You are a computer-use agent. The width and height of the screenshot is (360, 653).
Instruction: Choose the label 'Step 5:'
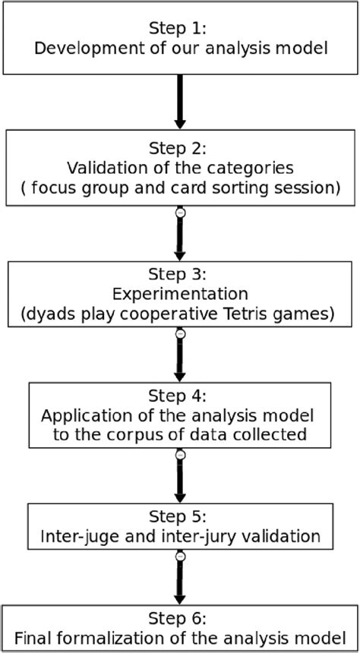(180, 519)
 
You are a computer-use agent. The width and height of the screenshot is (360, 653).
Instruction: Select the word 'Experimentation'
(180, 294)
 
